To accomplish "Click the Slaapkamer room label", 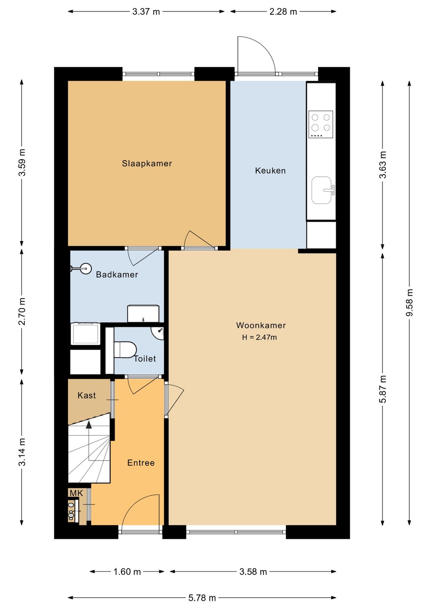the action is click(147, 163).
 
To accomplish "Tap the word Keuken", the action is click(270, 170).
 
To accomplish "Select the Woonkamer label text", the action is click(261, 325).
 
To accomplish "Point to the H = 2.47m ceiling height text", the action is click(259, 337).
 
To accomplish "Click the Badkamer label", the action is click(117, 274).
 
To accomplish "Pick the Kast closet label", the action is click(87, 395).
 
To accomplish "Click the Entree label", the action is click(141, 463).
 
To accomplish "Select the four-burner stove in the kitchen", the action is click(320, 124).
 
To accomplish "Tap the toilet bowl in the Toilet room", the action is click(125, 350).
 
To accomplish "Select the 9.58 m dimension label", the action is click(409, 303).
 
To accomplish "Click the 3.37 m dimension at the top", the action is click(146, 12).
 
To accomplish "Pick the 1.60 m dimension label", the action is click(127, 571).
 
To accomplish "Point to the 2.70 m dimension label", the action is click(22, 311).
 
